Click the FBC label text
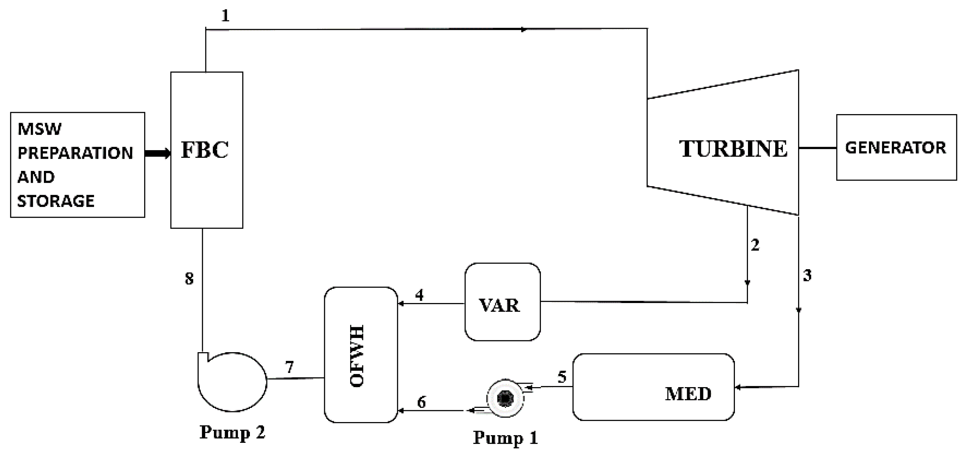[x=205, y=150]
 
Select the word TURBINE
[x=733, y=148]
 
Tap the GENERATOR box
[x=896, y=148]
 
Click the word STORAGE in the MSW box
[x=56, y=201]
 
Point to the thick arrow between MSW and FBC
[x=158, y=153]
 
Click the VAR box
[x=502, y=302]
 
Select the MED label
[x=688, y=394]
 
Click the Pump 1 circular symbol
[x=505, y=398]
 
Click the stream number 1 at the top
[x=225, y=16]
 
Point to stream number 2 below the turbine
[x=755, y=245]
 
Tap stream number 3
[x=807, y=275]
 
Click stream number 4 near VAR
[x=420, y=295]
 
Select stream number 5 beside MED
[x=562, y=377]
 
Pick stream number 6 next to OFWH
[x=421, y=402]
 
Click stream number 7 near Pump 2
[x=289, y=367]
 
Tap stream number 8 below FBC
[x=189, y=279]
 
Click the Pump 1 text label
[x=505, y=438]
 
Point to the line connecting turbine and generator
[x=818, y=148]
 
